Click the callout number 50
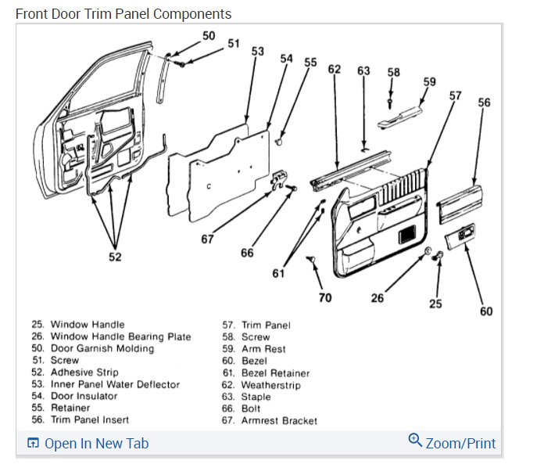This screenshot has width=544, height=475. click(x=209, y=36)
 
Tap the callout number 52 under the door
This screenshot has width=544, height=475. click(x=115, y=257)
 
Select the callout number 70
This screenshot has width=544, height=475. click(x=324, y=297)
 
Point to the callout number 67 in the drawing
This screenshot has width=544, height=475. click(x=207, y=239)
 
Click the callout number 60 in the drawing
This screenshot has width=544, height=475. click(x=486, y=311)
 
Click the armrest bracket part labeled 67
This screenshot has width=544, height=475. click(x=277, y=182)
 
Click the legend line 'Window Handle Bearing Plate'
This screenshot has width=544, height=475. click(x=120, y=336)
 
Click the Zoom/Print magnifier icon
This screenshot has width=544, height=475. click(x=416, y=441)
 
